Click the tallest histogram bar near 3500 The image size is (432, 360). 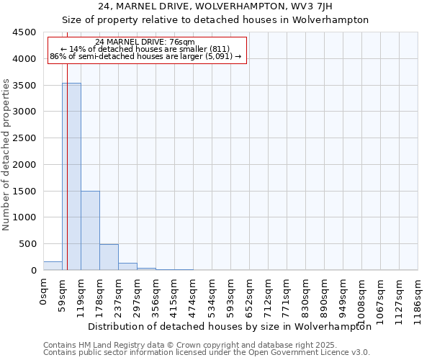tap(71, 176)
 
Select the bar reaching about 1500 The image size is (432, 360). tap(90, 230)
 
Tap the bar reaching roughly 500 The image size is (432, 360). tap(109, 257)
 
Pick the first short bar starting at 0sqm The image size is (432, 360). tap(53, 266)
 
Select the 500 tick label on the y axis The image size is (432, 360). tap(28, 244)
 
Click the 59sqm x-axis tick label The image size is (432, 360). tap(63, 294)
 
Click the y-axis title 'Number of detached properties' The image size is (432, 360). tap(7, 155)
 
